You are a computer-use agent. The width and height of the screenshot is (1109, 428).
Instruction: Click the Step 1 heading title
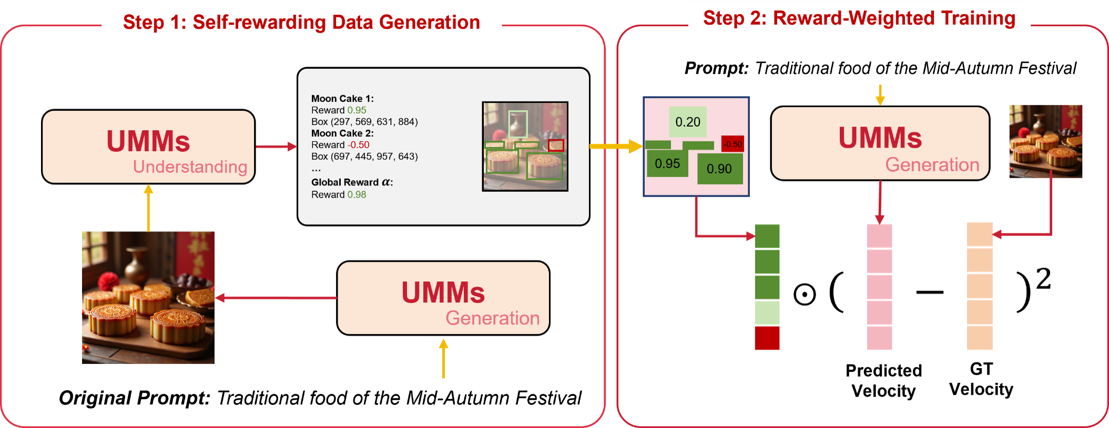301,22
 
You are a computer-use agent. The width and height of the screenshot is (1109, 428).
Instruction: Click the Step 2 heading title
859,18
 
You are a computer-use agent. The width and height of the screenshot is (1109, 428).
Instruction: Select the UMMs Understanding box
148,147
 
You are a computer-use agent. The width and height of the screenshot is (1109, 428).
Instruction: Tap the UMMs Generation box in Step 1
443,298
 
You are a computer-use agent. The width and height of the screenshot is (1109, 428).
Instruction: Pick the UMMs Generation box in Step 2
880,143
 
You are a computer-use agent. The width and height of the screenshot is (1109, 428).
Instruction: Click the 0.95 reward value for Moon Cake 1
357,110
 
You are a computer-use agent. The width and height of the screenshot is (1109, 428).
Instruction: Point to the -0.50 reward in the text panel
358,145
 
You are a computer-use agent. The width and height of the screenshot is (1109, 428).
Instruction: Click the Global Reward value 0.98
357,195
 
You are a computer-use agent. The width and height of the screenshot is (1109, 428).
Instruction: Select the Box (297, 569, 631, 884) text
364,122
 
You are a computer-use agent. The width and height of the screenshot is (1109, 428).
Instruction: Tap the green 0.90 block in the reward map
719,169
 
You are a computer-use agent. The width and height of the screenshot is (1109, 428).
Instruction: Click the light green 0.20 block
688,122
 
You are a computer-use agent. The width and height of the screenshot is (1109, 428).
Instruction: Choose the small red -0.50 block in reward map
732,144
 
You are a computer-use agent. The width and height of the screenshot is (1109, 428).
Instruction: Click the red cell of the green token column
767,339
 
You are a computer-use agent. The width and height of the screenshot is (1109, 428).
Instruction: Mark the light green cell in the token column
767,313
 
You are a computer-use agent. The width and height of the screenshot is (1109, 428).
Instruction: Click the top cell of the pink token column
879,236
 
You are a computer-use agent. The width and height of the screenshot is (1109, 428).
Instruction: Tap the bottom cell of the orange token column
980,339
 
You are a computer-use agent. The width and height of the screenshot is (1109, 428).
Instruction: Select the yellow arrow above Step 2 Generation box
880,95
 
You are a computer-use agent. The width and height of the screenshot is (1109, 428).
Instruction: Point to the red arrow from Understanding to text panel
276,147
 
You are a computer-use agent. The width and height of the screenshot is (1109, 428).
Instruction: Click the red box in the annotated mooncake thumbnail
556,145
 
